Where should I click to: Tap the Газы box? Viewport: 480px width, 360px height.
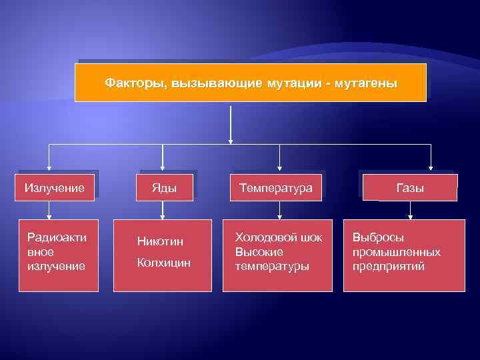(x=410, y=188)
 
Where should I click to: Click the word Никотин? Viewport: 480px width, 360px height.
(x=159, y=241)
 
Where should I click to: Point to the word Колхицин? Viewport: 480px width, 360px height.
(x=163, y=263)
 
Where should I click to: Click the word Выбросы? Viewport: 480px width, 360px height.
(x=379, y=238)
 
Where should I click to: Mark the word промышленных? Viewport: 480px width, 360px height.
(x=396, y=253)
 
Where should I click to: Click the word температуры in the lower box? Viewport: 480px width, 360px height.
(x=272, y=267)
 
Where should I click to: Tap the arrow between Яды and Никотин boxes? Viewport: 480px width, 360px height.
(x=164, y=210)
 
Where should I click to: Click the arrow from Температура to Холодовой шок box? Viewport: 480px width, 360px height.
(x=280, y=210)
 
